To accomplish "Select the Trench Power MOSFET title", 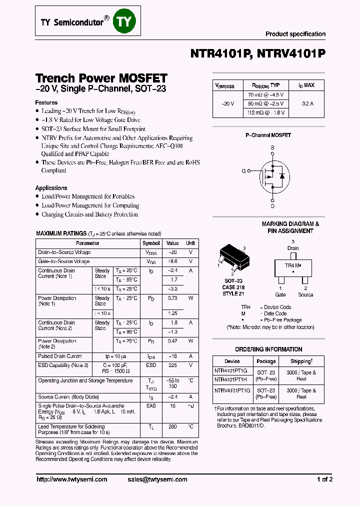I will coord(101,78).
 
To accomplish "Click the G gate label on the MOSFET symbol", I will coord(243,171).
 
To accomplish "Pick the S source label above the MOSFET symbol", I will coord(272,147).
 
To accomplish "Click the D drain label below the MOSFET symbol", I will coord(272,205).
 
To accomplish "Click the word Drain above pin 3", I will coord(293,248).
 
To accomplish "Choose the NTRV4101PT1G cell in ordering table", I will coord(232,390).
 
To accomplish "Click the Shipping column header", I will coord(301,361).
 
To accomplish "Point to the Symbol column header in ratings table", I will coord(151,243).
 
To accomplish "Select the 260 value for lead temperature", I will coord(172,426).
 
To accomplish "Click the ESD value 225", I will coord(172,365).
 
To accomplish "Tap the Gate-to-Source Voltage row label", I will coord(64,261).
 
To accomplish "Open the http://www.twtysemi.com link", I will coord(72,479).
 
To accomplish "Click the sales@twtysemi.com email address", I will coord(157,479).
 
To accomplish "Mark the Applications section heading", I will coord(51,188).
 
